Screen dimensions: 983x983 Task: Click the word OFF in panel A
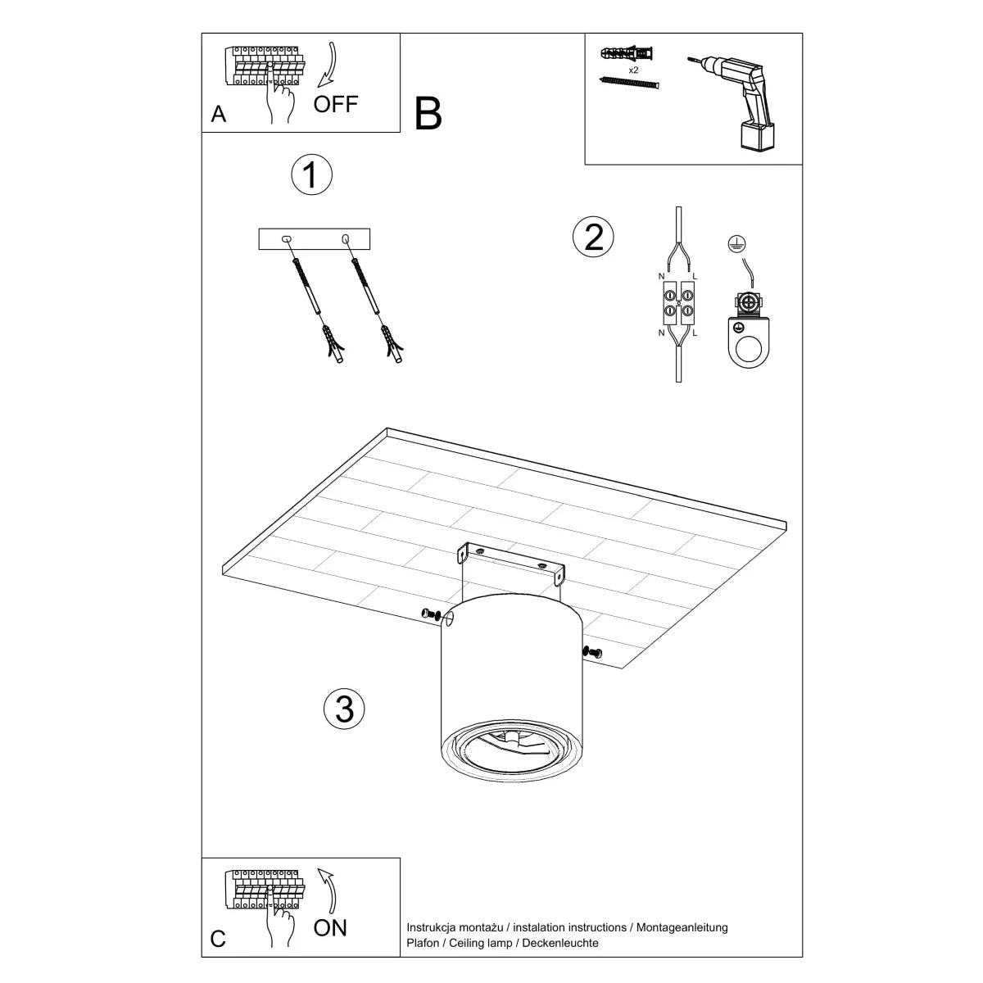[x=335, y=104]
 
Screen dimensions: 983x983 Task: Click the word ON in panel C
[x=330, y=927]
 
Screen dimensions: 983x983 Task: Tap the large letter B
[x=428, y=114]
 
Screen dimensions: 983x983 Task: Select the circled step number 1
[x=311, y=174]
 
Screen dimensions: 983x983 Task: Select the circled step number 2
[x=592, y=236]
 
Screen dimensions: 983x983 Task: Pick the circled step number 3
[x=344, y=708]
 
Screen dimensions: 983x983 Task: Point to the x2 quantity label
[x=633, y=70]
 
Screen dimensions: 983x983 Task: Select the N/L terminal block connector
[x=677, y=305]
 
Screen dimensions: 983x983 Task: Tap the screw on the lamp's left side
[x=430, y=614]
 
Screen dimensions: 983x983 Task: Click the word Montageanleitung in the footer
[x=679, y=927]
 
